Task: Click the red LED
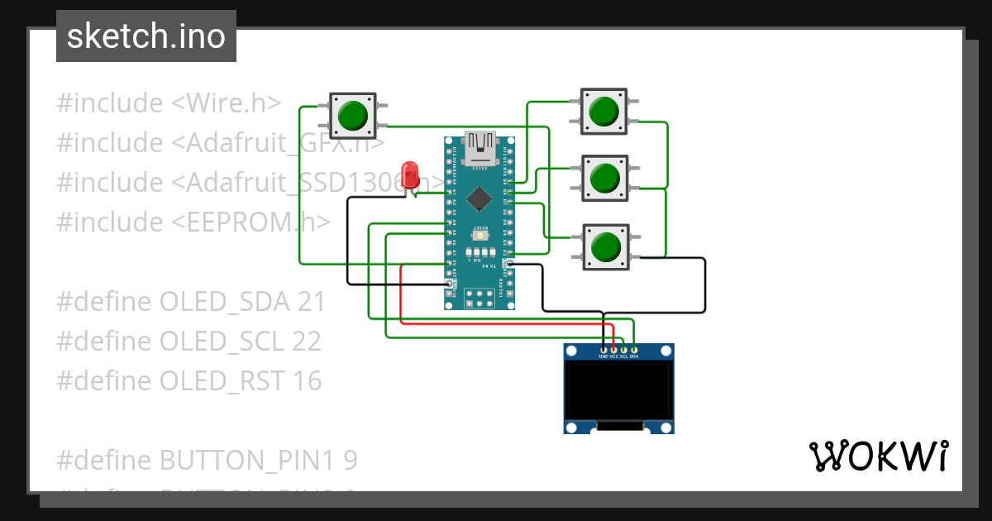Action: click(x=409, y=174)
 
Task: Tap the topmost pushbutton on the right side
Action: click(x=603, y=111)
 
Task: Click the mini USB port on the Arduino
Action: click(x=479, y=147)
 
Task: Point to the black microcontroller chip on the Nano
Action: click(x=479, y=198)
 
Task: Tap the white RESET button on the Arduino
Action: click(x=479, y=237)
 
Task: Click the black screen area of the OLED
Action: click(x=618, y=390)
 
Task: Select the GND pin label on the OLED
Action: click(x=603, y=356)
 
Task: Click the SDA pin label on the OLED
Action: click(x=634, y=356)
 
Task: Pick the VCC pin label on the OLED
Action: click(x=613, y=356)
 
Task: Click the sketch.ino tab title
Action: click(x=146, y=36)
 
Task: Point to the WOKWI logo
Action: click(x=878, y=456)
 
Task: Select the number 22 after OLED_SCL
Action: click(x=305, y=342)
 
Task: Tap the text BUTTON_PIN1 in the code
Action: click(x=248, y=460)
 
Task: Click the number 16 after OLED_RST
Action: click(x=305, y=381)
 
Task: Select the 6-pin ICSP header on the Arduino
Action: click(x=479, y=299)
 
